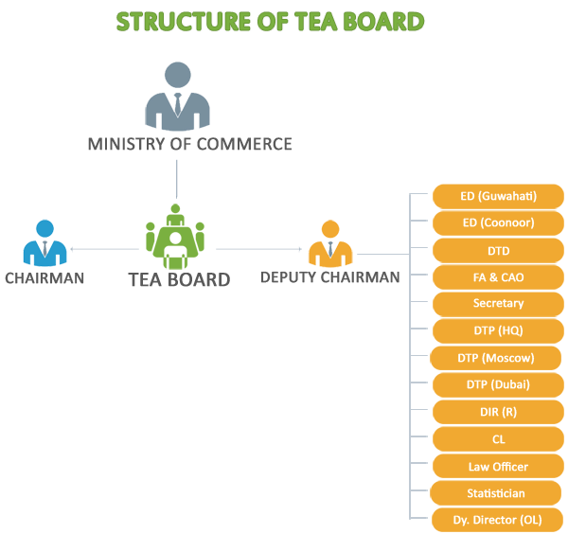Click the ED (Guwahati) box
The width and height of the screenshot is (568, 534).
click(x=498, y=196)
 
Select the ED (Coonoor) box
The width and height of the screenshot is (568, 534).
click(x=498, y=222)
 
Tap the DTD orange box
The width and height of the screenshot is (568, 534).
click(x=498, y=250)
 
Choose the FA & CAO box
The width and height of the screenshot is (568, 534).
click(x=498, y=277)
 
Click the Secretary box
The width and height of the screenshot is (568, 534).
click(x=498, y=304)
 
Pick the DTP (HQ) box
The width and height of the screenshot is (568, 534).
click(x=498, y=330)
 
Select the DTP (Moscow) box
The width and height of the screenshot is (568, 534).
click(x=496, y=358)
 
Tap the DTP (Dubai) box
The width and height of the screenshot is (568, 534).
click(x=498, y=384)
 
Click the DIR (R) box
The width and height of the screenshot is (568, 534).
click(x=498, y=412)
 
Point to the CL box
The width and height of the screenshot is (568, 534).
click(x=498, y=439)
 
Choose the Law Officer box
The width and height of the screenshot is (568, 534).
click(x=498, y=466)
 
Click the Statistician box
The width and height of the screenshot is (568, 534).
click(x=496, y=493)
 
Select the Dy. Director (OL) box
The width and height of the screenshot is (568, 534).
click(x=498, y=520)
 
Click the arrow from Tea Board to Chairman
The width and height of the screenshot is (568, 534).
click(x=105, y=249)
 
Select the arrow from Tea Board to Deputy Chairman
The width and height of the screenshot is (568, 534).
click(x=258, y=249)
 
